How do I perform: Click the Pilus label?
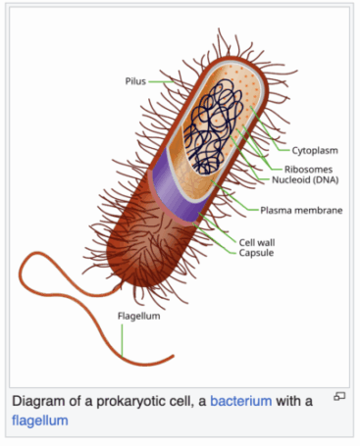pyautogui.click(x=135, y=81)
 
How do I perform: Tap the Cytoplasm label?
pyautogui.click(x=315, y=151)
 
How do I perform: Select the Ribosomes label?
pyautogui.click(x=308, y=170)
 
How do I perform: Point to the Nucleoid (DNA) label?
pyautogui.click(x=305, y=179)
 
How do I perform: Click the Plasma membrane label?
pyautogui.click(x=301, y=210)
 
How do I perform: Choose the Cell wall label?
pyautogui.click(x=257, y=242)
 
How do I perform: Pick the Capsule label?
pyautogui.click(x=256, y=253)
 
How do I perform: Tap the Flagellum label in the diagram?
pyautogui.click(x=139, y=316)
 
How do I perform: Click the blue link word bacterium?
pyautogui.click(x=241, y=401)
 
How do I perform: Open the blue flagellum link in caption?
pyautogui.click(x=40, y=421)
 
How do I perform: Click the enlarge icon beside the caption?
pyautogui.click(x=339, y=396)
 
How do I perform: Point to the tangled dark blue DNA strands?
pyautogui.click(x=213, y=125)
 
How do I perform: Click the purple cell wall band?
pyautogui.click(x=177, y=193)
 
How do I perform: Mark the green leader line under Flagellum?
pyautogui.click(x=122, y=340)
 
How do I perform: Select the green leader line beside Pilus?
pyautogui.click(x=161, y=81)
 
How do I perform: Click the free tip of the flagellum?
pyautogui.click(x=174, y=356)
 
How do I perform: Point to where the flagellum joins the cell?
pyautogui.click(x=119, y=286)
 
